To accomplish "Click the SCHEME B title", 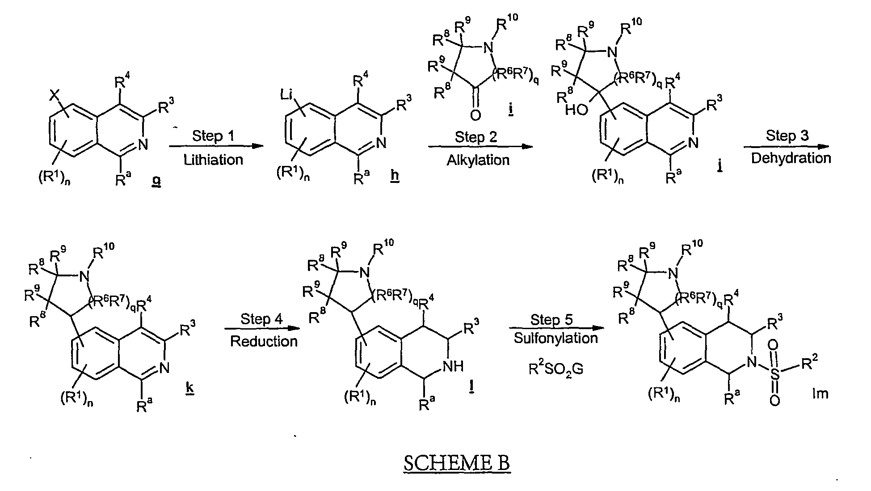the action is click(x=456, y=462).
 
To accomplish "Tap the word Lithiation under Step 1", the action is click(x=213, y=160).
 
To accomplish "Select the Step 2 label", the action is click(x=476, y=137).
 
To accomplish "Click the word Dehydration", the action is click(x=791, y=158).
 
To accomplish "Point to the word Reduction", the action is click(x=264, y=341).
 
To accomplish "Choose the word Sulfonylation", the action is click(x=555, y=338).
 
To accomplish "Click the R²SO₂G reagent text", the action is click(x=555, y=369).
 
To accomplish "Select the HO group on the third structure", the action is click(x=576, y=110).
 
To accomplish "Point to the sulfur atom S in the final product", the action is click(x=775, y=372).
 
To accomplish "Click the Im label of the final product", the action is click(x=820, y=394).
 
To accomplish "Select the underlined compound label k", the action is click(x=189, y=389).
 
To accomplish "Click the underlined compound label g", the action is click(x=156, y=182).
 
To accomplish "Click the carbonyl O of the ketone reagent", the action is click(x=475, y=115).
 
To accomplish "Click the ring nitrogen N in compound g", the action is click(x=143, y=143).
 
